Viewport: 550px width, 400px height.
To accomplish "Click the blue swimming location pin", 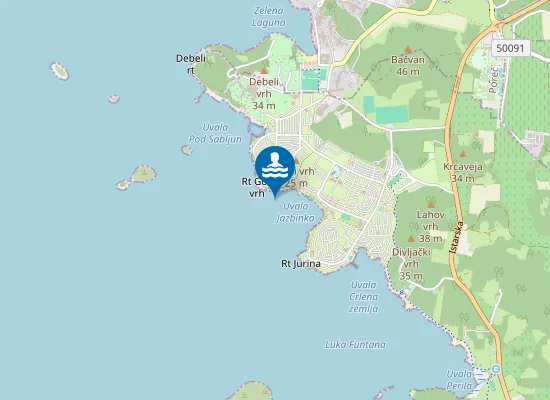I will pyautogui.click(x=274, y=166).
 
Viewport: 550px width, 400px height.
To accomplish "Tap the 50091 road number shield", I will pyautogui.click(x=510, y=47).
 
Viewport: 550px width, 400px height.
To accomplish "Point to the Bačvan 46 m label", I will pyautogui.click(x=407, y=66).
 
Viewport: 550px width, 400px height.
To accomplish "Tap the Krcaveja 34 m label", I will pyautogui.click(x=462, y=172).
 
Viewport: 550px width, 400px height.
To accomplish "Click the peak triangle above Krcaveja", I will pyautogui.click(x=462, y=154).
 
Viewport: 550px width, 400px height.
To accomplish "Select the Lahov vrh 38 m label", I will pyautogui.click(x=431, y=226).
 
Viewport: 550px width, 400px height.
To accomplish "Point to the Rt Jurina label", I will pyautogui.click(x=300, y=264).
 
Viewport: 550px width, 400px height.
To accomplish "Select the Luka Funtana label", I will pyautogui.click(x=355, y=344).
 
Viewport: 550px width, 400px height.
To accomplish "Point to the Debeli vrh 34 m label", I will pyautogui.click(x=264, y=93).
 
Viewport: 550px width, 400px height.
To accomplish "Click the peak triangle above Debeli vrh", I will pyautogui.click(x=264, y=71).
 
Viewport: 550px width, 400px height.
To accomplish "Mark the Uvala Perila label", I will pyautogui.click(x=458, y=379).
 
